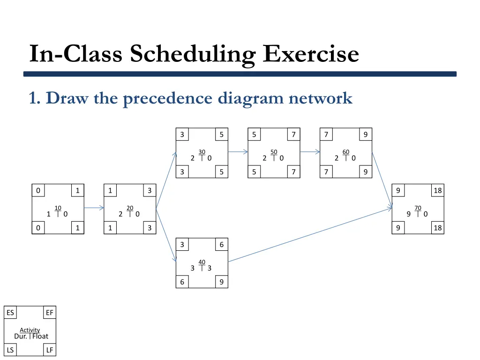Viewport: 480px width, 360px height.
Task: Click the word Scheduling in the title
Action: [x=193, y=53]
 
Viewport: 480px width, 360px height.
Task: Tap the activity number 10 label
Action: [x=58, y=208]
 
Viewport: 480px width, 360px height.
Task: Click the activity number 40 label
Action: [x=202, y=262]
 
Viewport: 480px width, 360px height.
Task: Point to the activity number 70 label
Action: [x=418, y=208]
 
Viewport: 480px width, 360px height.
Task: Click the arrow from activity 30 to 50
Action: [x=238, y=152]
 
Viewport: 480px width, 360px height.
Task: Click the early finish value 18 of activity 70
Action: [x=437, y=191]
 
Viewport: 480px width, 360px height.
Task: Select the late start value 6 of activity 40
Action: [x=182, y=282]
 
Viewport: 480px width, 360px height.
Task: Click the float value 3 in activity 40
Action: [x=210, y=268]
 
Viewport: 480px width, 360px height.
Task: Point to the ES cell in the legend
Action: [x=10, y=313]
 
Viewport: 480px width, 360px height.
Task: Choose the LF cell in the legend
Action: [x=50, y=350]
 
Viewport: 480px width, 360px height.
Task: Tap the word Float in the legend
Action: [x=40, y=336]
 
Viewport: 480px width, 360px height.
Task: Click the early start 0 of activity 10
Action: [x=38, y=191]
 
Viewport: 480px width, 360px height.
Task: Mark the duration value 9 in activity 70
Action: [x=409, y=214]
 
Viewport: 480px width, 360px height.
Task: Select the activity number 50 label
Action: [x=274, y=151]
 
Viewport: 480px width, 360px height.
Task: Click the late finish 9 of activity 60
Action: [x=365, y=172]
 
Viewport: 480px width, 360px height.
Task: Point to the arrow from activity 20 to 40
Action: [x=166, y=234]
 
